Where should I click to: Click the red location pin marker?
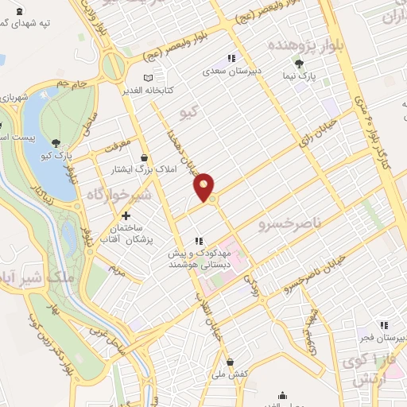205,187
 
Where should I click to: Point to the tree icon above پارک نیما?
300,64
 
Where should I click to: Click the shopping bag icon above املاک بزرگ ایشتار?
143,157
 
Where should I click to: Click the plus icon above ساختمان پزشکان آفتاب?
125,215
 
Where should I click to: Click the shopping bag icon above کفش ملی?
229,362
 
